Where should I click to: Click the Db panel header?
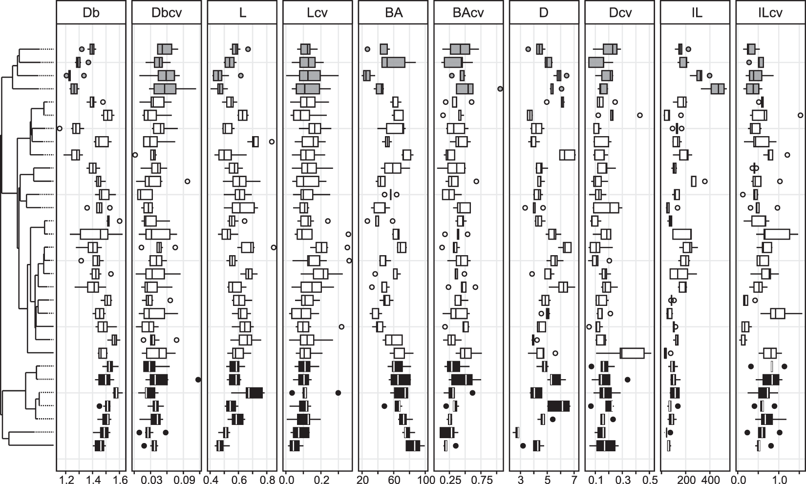coord(91,13)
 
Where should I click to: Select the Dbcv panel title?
coord(167,13)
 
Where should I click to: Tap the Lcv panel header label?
coord(318,13)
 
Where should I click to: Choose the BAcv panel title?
coord(468,13)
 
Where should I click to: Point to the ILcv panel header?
coord(770,13)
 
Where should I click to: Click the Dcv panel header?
coord(619,13)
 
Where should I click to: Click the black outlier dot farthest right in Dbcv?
coord(198,380)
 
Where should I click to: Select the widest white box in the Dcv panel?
coord(632,353)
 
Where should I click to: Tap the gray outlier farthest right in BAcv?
coord(500,89)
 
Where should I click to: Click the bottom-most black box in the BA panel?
coord(413,445)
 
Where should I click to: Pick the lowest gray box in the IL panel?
coord(718,89)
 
